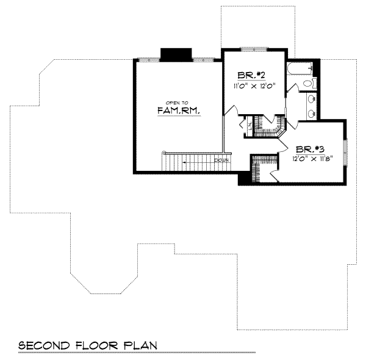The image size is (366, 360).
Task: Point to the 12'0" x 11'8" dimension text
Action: (x=310, y=159)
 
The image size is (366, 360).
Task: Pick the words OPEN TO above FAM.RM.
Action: (x=177, y=102)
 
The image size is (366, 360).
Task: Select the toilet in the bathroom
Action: (x=309, y=83)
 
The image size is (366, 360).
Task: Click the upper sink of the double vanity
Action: (x=312, y=98)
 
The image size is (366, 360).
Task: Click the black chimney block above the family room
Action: (x=176, y=54)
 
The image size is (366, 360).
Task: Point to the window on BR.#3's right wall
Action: (x=345, y=152)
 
